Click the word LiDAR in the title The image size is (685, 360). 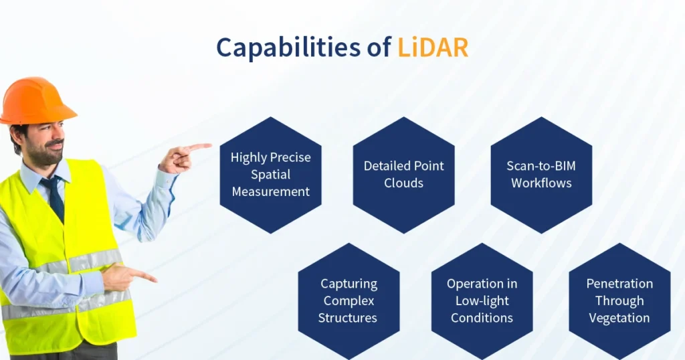click(433, 48)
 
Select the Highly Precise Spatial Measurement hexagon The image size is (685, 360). click(270, 175)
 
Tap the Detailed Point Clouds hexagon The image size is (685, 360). click(403, 175)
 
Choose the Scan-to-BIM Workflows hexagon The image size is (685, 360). click(541, 175)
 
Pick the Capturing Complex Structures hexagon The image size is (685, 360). click(348, 300)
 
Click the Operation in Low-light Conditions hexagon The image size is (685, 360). click(482, 300)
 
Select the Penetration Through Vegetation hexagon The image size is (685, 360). click(619, 300)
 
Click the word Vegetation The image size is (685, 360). click(619, 318)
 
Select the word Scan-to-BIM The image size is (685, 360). click(541, 165)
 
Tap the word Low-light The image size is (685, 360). click(482, 300)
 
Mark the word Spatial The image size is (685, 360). click(270, 175)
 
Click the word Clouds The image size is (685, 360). click(403, 183)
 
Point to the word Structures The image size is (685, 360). click(348, 318)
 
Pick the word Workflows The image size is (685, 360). click(541, 183)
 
